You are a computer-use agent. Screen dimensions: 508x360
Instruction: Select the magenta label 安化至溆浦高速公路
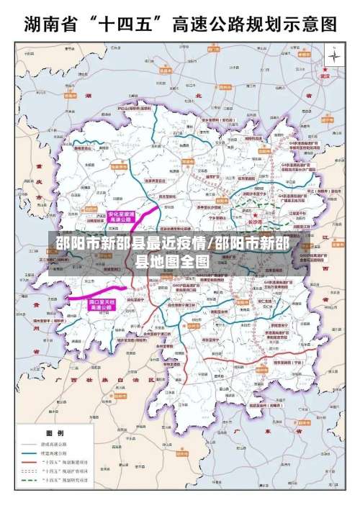pos(121,216)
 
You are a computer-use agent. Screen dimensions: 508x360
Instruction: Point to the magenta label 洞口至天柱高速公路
pos(102,304)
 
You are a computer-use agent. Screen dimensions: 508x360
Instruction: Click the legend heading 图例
pos(55,433)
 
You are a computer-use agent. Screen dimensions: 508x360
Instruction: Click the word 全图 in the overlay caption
pos(194,260)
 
